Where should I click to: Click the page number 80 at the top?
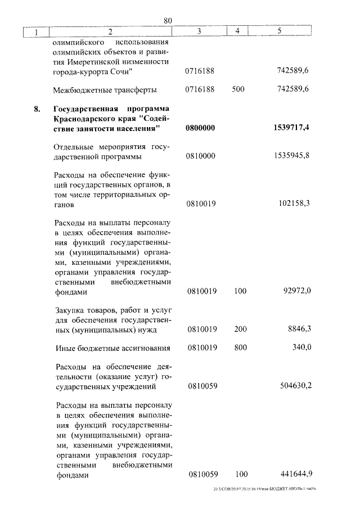point(168,21)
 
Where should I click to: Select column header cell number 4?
point(237,31)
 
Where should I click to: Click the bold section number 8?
point(37,109)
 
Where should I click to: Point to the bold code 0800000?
point(200,128)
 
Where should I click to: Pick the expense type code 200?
point(240,328)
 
